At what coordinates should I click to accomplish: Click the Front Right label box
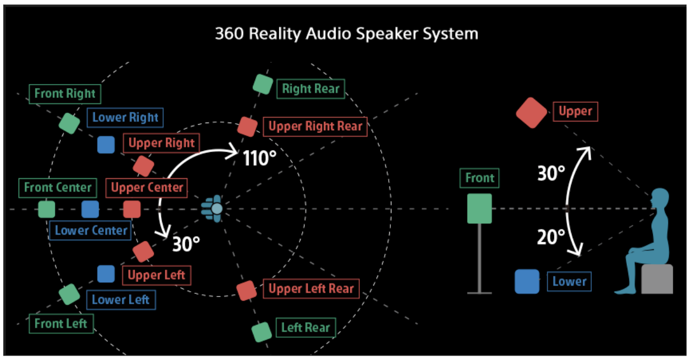coord(65,94)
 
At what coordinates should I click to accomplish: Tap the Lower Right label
coord(125,117)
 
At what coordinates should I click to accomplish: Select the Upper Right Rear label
coord(315,126)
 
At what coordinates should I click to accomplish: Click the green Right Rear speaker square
coord(263,84)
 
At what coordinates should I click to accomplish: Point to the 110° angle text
coord(259,159)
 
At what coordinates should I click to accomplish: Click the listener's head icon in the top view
coord(216,208)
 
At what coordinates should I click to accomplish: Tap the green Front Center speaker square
coord(47,209)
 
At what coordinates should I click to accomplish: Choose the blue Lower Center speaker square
coord(90,209)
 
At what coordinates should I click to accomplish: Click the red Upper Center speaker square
coord(132,209)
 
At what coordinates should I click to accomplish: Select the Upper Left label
coord(156,275)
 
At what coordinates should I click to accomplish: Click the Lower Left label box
coord(120,299)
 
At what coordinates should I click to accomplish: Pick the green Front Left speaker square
coord(70,294)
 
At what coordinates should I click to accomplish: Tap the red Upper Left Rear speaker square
coord(246,290)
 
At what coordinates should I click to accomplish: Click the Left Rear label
coord(305,328)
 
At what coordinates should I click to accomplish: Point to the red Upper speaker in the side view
coord(532,113)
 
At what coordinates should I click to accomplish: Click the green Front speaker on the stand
coord(480,208)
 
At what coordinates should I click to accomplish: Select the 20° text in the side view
coord(551,237)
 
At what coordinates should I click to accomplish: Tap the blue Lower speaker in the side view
coord(527,281)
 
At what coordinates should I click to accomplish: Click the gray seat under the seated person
coord(657,279)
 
